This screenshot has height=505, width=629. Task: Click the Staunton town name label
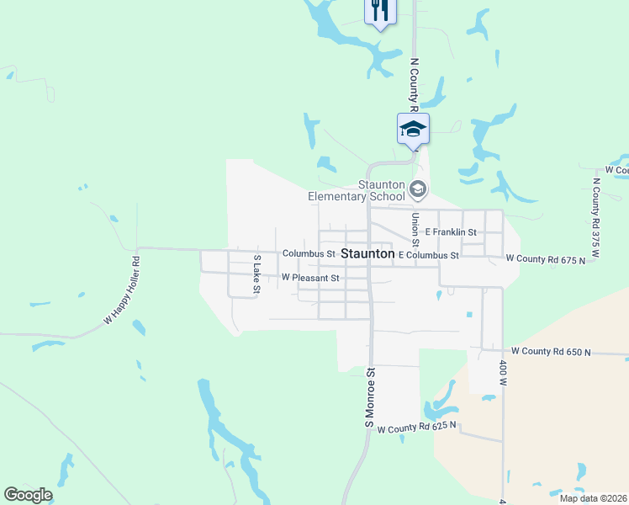pyautogui.click(x=367, y=253)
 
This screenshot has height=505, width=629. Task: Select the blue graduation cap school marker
pyautogui.click(x=413, y=129)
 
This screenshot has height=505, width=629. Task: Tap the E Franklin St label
pyautogui.click(x=451, y=232)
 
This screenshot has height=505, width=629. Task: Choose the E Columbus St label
pyautogui.click(x=429, y=255)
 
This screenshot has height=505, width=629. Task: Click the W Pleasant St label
pyautogui.click(x=310, y=277)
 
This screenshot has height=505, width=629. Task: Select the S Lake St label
pyautogui.click(x=257, y=274)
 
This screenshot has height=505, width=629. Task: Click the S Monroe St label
pyautogui.click(x=368, y=397)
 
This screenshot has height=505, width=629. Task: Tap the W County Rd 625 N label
pyautogui.click(x=416, y=428)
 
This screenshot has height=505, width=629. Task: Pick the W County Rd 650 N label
pyautogui.click(x=551, y=350)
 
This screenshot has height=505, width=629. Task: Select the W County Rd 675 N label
pyautogui.click(x=545, y=261)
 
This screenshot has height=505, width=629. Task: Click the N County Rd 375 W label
pyautogui.click(x=596, y=210)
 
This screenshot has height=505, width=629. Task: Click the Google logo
pyautogui.click(x=28, y=495)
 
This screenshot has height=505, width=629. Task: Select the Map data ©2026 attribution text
pyautogui.click(x=592, y=498)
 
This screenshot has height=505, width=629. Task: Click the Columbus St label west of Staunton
pyautogui.click(x=309, y=253)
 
